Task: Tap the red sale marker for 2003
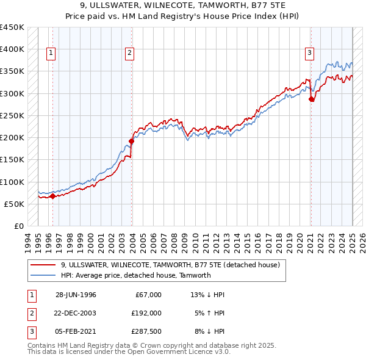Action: coord(132,141)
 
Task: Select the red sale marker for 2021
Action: coord(312,99)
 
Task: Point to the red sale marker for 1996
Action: coord(52,196)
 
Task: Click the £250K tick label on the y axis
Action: coord(12,115)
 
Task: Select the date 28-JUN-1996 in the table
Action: coord(76,294)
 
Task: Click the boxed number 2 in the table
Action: coord(30,312)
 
